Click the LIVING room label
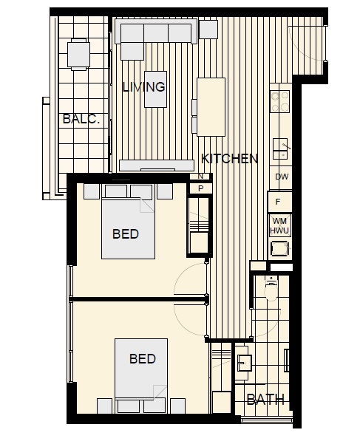point(143,86)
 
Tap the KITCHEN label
point(229,159)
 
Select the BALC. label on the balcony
point(81,119)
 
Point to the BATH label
point(265,400)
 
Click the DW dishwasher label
point(282,177)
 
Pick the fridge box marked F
point(280,202)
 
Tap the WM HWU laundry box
point(280,225)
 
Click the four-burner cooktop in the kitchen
point(279,101)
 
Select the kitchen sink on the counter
point(280,149)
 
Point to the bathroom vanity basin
point(245,363)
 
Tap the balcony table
point(78,55)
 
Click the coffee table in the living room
point(155,89)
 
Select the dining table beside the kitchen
point(211,107)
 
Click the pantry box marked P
point(200,188)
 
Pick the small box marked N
point(200,177)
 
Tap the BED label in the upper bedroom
point(126,234)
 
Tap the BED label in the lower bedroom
point(143,359)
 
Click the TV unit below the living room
point(157,165)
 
